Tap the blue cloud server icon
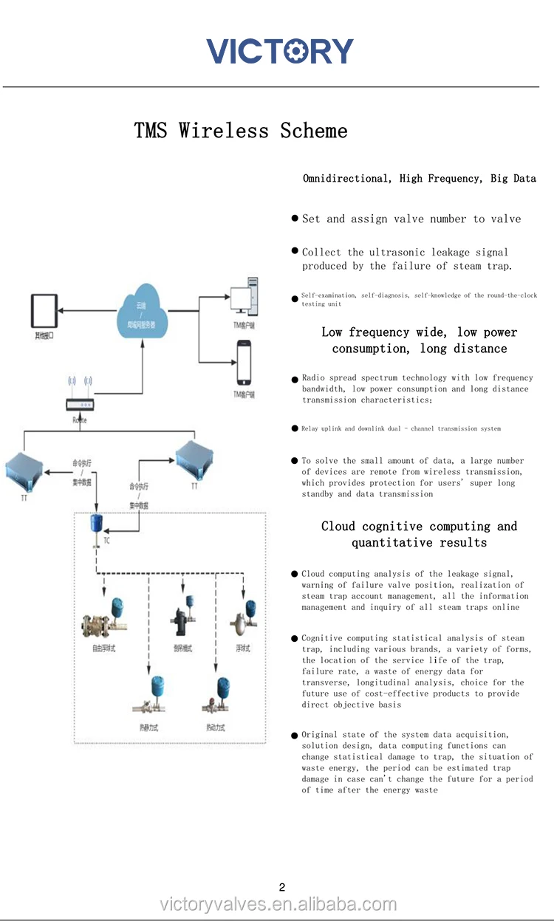point(143,314)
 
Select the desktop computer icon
point(244,295)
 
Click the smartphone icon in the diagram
point(244,363)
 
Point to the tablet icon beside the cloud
point(44,311)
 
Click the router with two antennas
point(80,405)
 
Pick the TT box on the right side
point(194,461)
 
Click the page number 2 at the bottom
point(281,887)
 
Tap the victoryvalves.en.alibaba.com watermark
point(278,904)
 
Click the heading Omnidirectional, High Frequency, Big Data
point(419,179)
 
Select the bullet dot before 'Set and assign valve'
point(295,219)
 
